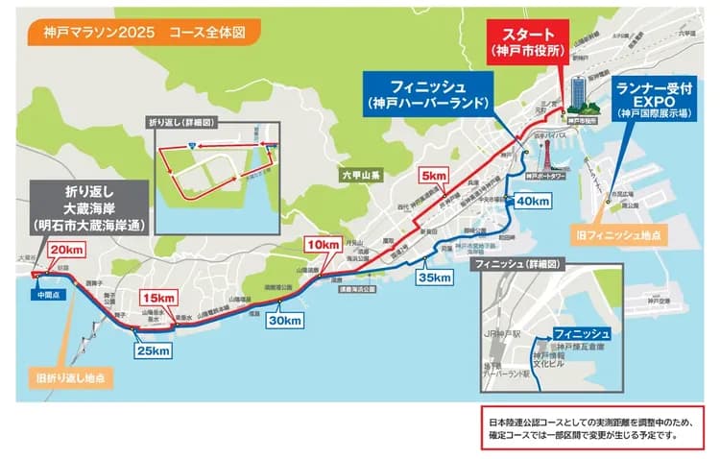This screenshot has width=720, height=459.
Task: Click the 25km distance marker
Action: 152,351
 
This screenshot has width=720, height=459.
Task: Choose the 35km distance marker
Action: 434,278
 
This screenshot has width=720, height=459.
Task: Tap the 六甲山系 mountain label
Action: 361,175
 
